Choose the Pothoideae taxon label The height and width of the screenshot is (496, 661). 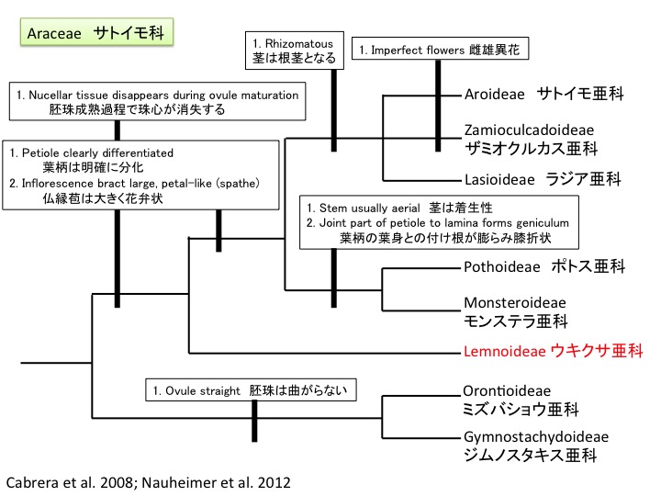(544, 266)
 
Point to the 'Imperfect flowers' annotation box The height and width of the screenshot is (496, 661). (441, 50)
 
